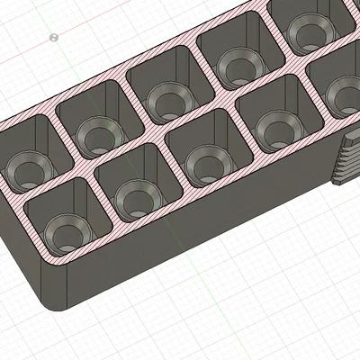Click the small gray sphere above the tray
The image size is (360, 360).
tap(55, 37)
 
